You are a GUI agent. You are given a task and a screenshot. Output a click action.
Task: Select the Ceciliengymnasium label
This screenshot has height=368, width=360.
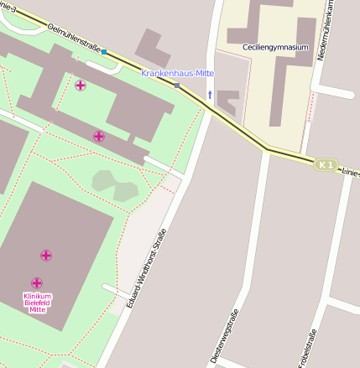click(x=274, y=48)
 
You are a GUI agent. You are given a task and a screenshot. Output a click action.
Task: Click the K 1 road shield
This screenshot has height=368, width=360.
click(x=326, y=165)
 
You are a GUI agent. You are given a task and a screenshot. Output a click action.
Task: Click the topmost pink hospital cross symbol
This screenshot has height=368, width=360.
click(x=81, y=86)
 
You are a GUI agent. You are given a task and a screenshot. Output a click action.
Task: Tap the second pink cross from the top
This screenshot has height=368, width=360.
click(x=99, y=136)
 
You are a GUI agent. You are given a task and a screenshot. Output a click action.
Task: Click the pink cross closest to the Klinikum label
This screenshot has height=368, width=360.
click(x=37, y=283)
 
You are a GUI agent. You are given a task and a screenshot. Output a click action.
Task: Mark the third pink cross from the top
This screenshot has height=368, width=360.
click(x=46, y=255)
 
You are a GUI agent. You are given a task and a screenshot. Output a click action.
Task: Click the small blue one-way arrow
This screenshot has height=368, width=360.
click(x=209, y=95)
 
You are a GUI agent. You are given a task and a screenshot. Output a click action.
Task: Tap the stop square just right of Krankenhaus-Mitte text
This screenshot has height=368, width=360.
click(x=177, y=85)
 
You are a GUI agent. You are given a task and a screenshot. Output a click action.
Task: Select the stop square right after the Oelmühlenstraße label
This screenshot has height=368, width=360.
click(x=104, y=52)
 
